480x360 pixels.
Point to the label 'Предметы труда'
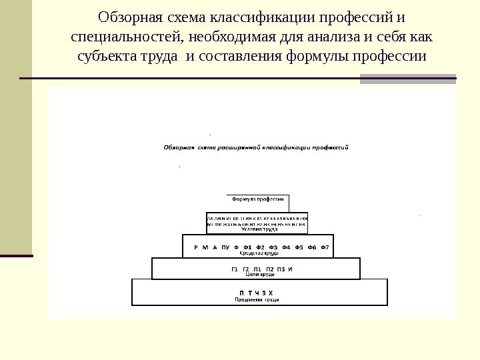click(x=257, y=300)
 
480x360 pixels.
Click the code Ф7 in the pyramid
click(x=325, y=247)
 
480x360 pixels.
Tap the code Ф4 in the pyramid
click(x=286, y=247)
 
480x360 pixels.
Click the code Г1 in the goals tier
click(x=235, y=269)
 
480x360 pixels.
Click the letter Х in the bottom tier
click(x=271, y=293)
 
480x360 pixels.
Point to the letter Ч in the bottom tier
click(x=256, y=293)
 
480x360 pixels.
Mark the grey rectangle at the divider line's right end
click(x=408, y=79)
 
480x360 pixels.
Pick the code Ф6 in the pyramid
click(x=312, y=247)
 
